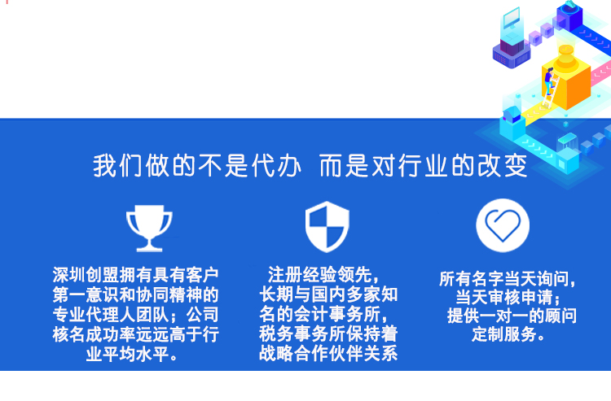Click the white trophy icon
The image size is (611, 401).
[149, 229]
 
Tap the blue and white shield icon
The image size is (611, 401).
[327, 227]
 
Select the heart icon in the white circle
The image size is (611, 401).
[503, 225]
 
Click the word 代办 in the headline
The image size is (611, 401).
[276, 166]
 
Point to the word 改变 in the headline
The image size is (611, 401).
[503, 166]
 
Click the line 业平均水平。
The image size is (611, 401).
[132, 354]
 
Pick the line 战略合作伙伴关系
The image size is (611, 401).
[328, 353]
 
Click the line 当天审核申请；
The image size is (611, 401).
[508, 297]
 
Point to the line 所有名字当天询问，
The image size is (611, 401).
[508, 279]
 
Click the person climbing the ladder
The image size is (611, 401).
[549, 81]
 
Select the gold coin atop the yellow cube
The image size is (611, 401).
[565, 50]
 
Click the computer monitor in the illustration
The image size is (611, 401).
[511, 19]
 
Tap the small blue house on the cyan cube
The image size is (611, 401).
[512, 113]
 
